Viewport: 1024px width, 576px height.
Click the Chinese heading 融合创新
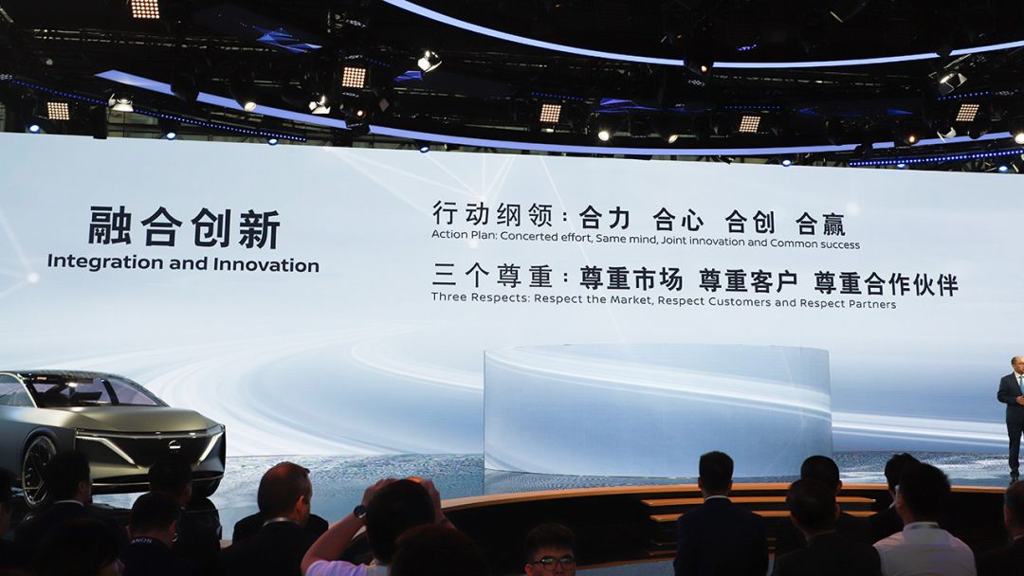(184, 227)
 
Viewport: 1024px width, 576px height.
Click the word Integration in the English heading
(105, 262)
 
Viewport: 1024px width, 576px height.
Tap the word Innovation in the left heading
(265, 265)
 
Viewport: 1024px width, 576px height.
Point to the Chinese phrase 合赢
(820, 224)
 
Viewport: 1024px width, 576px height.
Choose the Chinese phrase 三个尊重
(492, 276)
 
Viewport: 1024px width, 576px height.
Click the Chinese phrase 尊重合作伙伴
(887, 284)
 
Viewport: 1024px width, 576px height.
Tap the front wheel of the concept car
(37, 470)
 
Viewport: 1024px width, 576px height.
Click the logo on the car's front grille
(174, 445)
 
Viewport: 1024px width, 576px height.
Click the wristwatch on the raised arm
(360, 512)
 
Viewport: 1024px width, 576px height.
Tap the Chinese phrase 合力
(605, 218)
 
